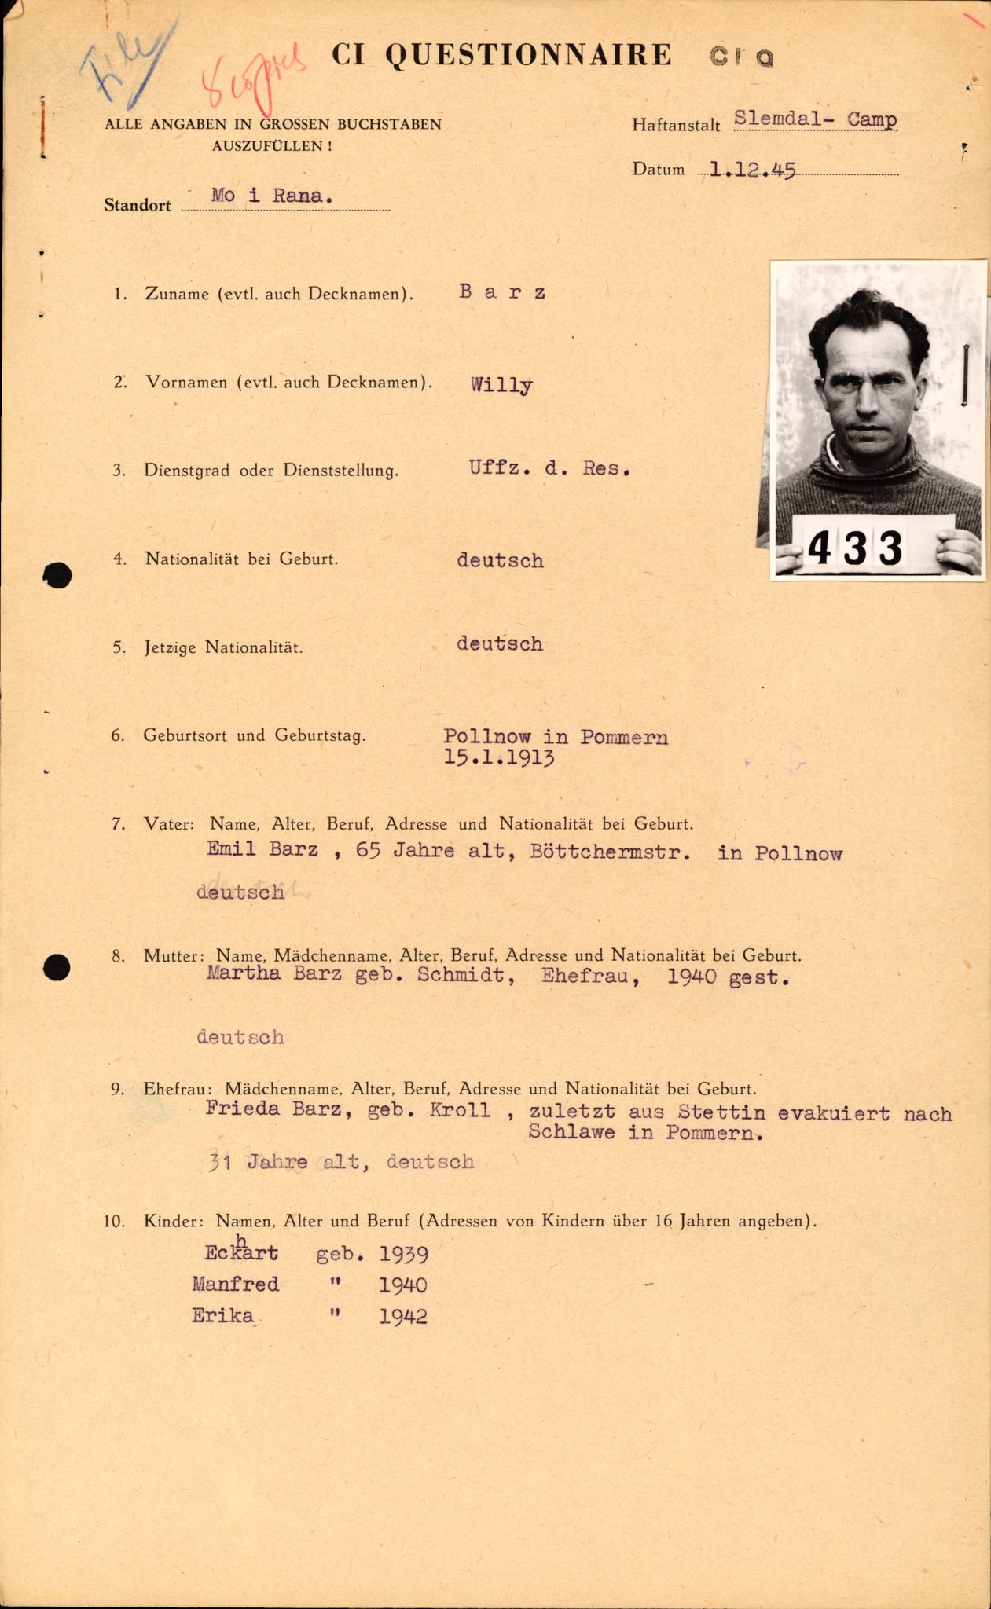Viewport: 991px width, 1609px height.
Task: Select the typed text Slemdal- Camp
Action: [x=815, y=120]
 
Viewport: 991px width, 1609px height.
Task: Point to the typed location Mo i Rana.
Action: [x=271, y=196]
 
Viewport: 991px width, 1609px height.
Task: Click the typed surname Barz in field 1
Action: [x=502, y=293]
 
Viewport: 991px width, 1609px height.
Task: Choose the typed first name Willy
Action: [x=501, y=385]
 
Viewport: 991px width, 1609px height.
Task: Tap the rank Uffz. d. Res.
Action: [x=550, y=468]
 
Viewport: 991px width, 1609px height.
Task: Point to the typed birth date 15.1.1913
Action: [x=499, y=759]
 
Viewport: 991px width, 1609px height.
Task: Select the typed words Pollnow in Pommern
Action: [x=556, y=738]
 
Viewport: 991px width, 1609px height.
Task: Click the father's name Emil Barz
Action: [x=262, y=849]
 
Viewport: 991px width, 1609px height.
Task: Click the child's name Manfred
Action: [x=235, y=1285]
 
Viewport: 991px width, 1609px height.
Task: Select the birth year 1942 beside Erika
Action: [x=403, y=1317]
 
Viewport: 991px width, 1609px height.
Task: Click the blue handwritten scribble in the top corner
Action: [x=118, y=71]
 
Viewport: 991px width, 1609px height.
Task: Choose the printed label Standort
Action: [x=138, y=206]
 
